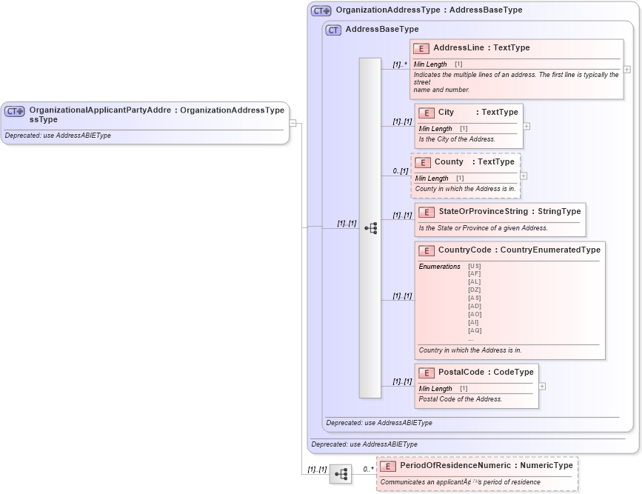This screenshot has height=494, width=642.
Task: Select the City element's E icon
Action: click(426, 113)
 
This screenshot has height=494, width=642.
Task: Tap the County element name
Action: click(449, 162)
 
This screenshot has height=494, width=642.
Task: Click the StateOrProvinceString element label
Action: click(483, 212)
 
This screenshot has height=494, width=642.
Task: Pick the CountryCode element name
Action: click(465, 250)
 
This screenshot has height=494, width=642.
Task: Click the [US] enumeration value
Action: click(475, 266)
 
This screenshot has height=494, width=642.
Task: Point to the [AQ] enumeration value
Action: click(475, 331)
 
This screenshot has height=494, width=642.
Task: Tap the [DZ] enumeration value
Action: click(475, 290)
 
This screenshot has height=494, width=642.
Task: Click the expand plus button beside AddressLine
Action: click(627, 69)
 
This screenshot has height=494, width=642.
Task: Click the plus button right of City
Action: click(526, 126)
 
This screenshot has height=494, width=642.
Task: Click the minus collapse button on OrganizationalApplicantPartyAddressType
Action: click(293, 123)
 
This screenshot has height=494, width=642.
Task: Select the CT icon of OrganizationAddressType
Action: click(321, 11)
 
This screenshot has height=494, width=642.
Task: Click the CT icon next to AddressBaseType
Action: click(333, 30)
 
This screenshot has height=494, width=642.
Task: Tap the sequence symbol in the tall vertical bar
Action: click(370, 228)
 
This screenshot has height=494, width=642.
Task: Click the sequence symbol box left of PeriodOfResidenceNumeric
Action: click(341, 474)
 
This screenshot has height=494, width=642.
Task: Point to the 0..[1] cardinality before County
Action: click(400, 171)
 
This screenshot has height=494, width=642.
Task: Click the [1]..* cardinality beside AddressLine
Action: click(400, 65)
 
